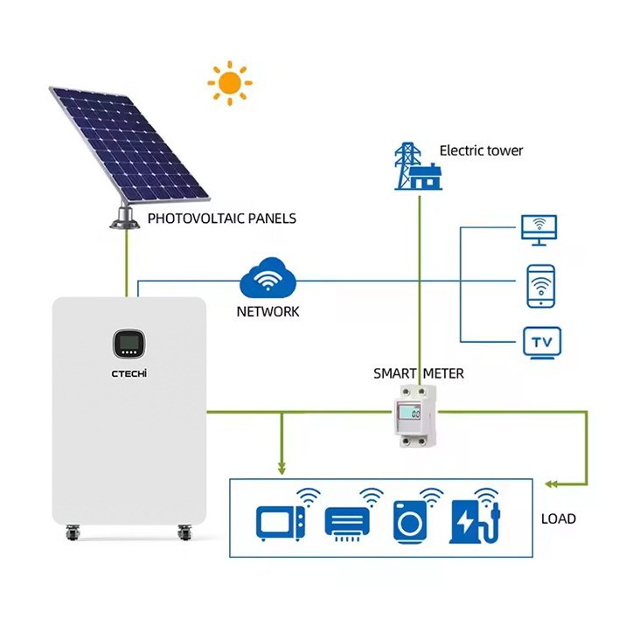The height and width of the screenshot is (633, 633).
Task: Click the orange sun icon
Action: pyautogui.click(x=229, y=83)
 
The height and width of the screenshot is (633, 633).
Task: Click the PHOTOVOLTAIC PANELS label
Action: pyautogui.click(x=221, y=219)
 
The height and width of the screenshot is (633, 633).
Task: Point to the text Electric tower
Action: pyautogui.click(x=481, y=150)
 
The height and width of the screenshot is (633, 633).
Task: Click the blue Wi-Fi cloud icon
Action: pyautogui.click(x=268, y=278)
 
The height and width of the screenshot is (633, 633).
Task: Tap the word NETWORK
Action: pyautogui.click(x=268, y=311)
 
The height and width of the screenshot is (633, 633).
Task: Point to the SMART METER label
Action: pyautogui.click(x=419, y=373)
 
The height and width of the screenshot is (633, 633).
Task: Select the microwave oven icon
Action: pyautogui.click(x=281, y=522)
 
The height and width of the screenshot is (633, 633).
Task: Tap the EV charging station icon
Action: pyautogui.click(x=473, y=518)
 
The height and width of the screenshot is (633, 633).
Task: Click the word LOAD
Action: pyautogui.click(x=559, y=518)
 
